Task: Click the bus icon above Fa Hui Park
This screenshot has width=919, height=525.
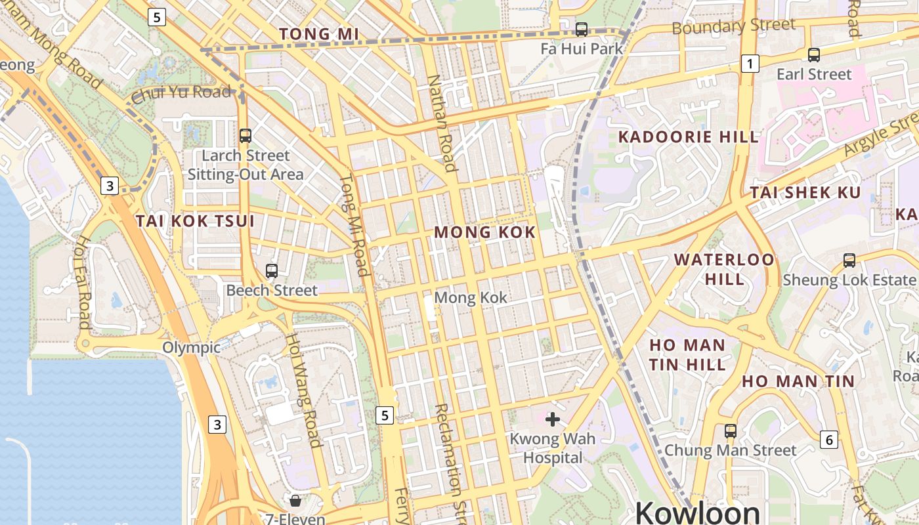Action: pyautogui.click(x=581, y=29)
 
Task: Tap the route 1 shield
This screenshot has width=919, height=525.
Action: pyautogui.click(x=750, y=64)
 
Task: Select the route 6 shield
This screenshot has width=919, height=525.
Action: pyautogui.click(x=829, y=440)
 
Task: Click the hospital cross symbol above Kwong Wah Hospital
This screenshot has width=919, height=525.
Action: pyautogui.click(x=553, y=419)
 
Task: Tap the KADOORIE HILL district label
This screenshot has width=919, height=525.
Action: pyautogui.click(x=689, y=137)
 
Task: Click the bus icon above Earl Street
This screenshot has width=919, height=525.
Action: pyautogui.click(x=814, y=55)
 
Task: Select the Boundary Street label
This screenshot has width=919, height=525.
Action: pyautogui.click(x=733, y=27)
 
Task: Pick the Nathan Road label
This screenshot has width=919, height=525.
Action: pyautogui.click(x=442, y=123)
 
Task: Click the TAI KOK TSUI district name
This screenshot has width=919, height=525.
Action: pyautogui.click(x=195, y=220)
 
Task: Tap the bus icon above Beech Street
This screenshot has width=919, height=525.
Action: pyautogui.click(x=272, y=270)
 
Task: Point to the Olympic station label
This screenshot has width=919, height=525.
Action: pyautogui.click(x=191, y=347)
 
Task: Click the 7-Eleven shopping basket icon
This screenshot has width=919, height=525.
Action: pyautogui.click(x=295, y=501)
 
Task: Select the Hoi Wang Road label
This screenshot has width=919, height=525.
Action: pyautogui.click(x=303, y=390)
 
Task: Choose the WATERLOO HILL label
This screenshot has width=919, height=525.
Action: pyautogui.click(x=724, y=269)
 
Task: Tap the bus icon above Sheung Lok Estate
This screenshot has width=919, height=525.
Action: pyautogui.click(x=849, y=261)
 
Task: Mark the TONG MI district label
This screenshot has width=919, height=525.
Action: pyautogui.click(x=319, y=34)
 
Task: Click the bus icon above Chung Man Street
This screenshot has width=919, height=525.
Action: pyautogui.click(x=730, y=431)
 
